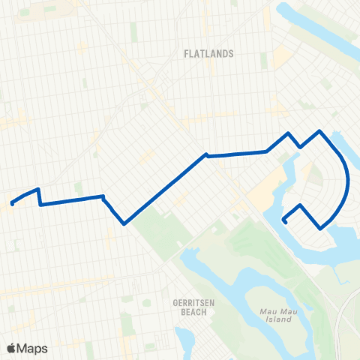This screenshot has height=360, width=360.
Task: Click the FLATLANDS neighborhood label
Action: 209,54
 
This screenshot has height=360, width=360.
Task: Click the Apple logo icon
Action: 12,348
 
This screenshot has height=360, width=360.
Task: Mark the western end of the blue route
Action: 12,202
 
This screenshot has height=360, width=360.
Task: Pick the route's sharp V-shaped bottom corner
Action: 124,223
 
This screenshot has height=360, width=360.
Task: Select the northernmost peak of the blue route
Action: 321,131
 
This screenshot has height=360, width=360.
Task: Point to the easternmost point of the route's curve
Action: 348,180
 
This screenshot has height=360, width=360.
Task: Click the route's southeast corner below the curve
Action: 321,229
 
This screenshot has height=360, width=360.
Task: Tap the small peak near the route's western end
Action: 37,189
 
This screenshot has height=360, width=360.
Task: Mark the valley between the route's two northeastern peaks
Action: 301,147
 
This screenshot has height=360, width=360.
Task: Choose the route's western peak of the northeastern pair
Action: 288,133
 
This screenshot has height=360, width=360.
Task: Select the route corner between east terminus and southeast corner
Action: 301,205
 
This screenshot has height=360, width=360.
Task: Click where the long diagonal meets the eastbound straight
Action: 205,156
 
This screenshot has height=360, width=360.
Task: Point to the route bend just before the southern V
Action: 103,197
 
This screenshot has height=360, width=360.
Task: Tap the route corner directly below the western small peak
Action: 40,203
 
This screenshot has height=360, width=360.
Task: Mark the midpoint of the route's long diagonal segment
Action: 165,189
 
